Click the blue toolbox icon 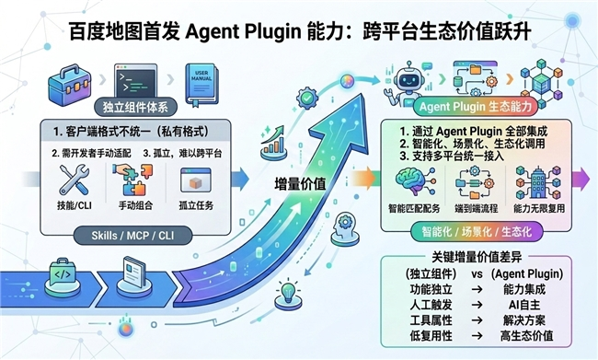70,86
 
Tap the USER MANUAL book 201,85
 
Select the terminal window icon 135,80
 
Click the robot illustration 405,85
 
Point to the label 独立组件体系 135,108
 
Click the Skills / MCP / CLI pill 132,235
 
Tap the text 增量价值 300,184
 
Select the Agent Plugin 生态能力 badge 476,107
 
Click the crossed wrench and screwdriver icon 74,180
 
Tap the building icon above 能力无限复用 538,182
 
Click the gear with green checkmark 307,99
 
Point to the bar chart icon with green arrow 273,142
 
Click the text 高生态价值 526,336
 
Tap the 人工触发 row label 431,305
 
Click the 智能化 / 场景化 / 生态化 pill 477,232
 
